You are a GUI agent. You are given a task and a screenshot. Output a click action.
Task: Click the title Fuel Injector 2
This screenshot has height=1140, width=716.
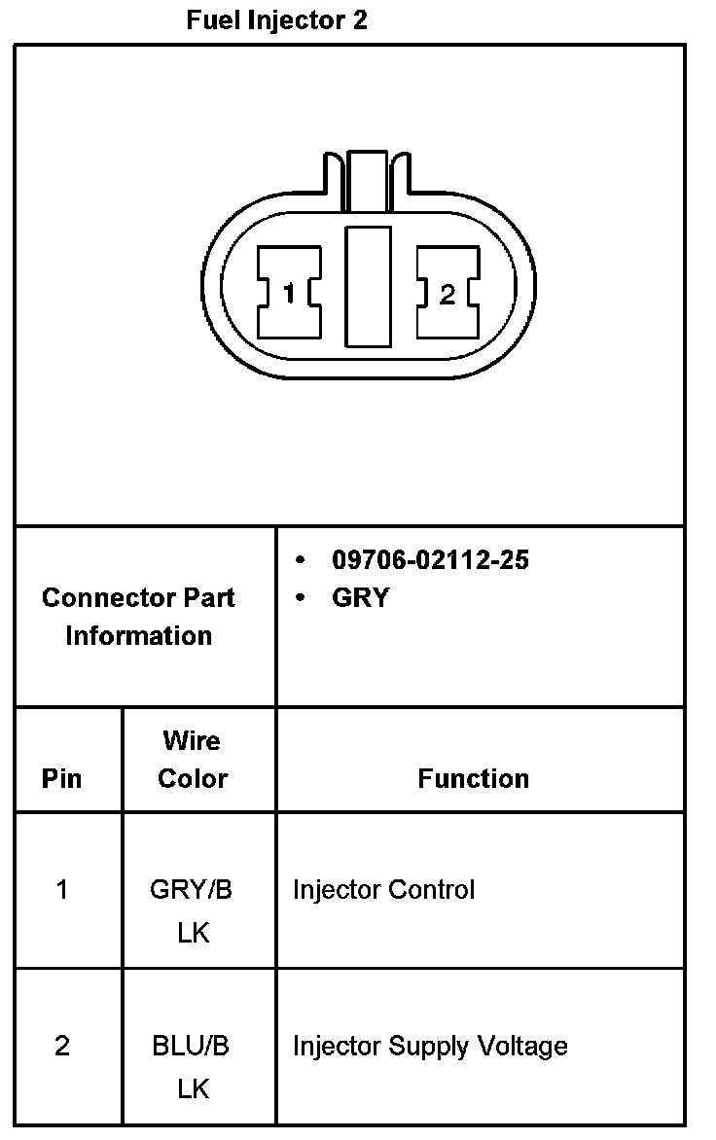[x=277, y=20]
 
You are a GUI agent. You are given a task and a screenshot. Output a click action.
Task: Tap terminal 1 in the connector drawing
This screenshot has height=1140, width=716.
[x=289, y=293]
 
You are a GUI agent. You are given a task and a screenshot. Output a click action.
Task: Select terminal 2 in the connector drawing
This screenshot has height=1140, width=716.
[x=447, y=293]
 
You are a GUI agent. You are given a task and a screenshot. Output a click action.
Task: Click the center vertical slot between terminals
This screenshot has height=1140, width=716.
[x=368, y=285]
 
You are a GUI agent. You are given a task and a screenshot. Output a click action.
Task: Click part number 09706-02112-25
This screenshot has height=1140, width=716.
[x=430, y=560]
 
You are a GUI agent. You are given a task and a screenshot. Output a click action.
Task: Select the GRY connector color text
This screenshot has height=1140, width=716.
[x=360, y=598]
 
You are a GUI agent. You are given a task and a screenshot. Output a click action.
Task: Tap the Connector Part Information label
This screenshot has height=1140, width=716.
[x=138, y=617]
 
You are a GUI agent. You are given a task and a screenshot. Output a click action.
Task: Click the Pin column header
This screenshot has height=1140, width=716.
[x=62, y=778]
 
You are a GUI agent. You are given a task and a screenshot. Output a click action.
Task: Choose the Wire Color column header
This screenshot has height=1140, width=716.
[x=192, y=760]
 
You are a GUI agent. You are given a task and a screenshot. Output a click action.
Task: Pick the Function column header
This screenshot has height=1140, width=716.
[x=474, y=778]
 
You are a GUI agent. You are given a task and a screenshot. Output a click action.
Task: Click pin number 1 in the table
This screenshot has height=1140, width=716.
[x=62, y=889]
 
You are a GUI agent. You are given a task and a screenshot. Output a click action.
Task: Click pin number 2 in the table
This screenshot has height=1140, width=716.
[x=62, y=1046]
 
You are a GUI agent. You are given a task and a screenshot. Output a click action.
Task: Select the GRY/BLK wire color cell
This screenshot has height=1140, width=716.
[x=192, y=910]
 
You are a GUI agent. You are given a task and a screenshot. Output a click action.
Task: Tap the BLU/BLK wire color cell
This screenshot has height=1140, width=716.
[x=192, y=1067]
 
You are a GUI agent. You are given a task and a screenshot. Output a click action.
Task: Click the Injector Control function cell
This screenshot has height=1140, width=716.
[x=383, y=889]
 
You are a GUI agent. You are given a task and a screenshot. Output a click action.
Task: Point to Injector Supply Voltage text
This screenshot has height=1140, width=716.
[x=430, y=1046]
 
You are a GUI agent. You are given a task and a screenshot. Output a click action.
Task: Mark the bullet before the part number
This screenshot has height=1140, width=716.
[x=301, y=560]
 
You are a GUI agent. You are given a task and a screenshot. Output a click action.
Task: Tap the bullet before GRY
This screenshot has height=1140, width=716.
[x=301, y=598]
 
